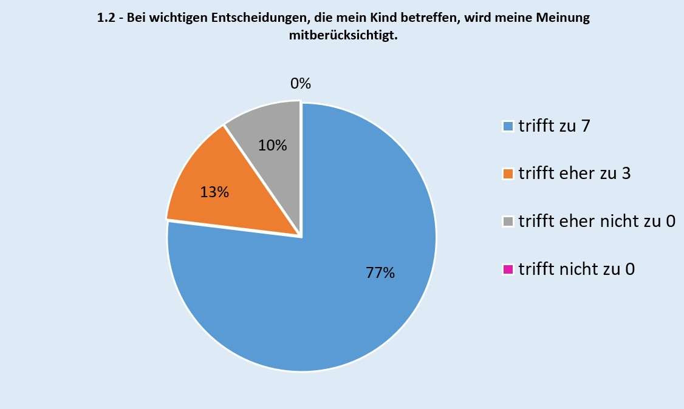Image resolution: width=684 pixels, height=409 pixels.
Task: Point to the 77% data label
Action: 380,273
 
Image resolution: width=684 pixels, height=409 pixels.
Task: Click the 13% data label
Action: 214,193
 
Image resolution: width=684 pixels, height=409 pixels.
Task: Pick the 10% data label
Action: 273,146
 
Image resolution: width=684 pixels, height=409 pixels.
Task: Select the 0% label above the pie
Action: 300,84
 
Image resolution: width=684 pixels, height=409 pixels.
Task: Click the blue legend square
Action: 508,126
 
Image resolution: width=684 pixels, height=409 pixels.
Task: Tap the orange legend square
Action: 508,174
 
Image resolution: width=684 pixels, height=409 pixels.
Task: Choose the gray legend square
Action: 508,221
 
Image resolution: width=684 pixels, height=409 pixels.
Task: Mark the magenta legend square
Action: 508,269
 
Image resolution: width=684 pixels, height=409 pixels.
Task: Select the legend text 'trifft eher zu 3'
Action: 574,174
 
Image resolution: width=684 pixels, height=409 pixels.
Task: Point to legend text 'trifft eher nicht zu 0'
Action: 597,221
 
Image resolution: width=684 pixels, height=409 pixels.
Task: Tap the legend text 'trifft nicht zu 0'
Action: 576,269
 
